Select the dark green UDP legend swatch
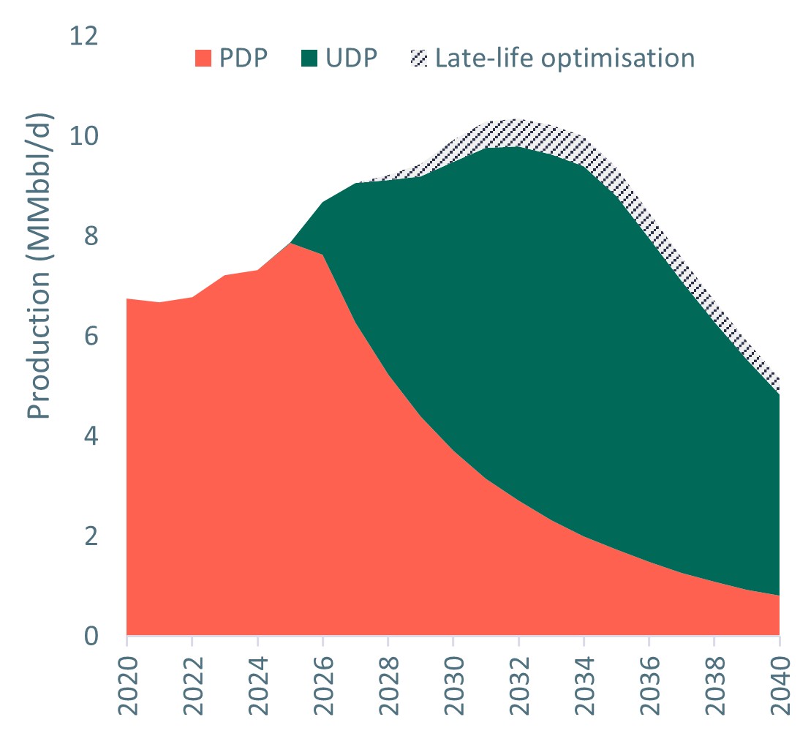(x=309, y=58)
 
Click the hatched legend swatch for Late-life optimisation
(x=419, y=58)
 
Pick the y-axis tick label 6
(x=90, y=337)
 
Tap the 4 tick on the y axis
(x=90, y=437)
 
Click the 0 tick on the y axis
(x=90, y=637)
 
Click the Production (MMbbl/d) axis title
(x=41, y=267)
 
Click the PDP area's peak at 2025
(x=290, y=243)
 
